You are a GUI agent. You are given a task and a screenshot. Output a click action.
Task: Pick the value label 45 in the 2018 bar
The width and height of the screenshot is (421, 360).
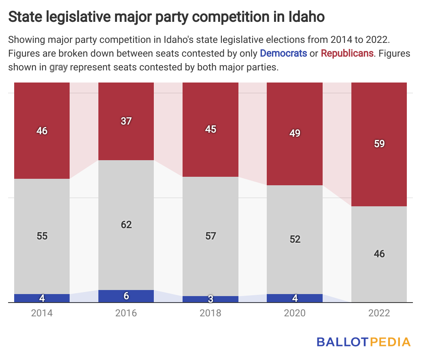(210, 129)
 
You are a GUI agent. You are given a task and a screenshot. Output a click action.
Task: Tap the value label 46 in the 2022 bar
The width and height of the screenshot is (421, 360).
(379, 254)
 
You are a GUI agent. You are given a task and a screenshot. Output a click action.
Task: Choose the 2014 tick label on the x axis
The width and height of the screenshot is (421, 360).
(42, 313)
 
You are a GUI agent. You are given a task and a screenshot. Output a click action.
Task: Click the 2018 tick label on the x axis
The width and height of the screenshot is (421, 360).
(210, 313)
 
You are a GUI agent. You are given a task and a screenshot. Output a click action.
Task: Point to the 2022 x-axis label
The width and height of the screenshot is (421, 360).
(379, 313)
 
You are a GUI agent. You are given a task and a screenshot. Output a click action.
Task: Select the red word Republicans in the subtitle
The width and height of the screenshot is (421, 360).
(347, 53)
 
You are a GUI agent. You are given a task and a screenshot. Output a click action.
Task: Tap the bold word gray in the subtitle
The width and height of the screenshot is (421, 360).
(58, 67)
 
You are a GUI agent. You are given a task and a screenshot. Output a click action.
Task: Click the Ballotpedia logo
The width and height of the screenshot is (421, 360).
(363, 342)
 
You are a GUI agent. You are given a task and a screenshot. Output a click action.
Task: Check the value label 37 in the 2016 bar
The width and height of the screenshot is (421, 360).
(126, 121)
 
